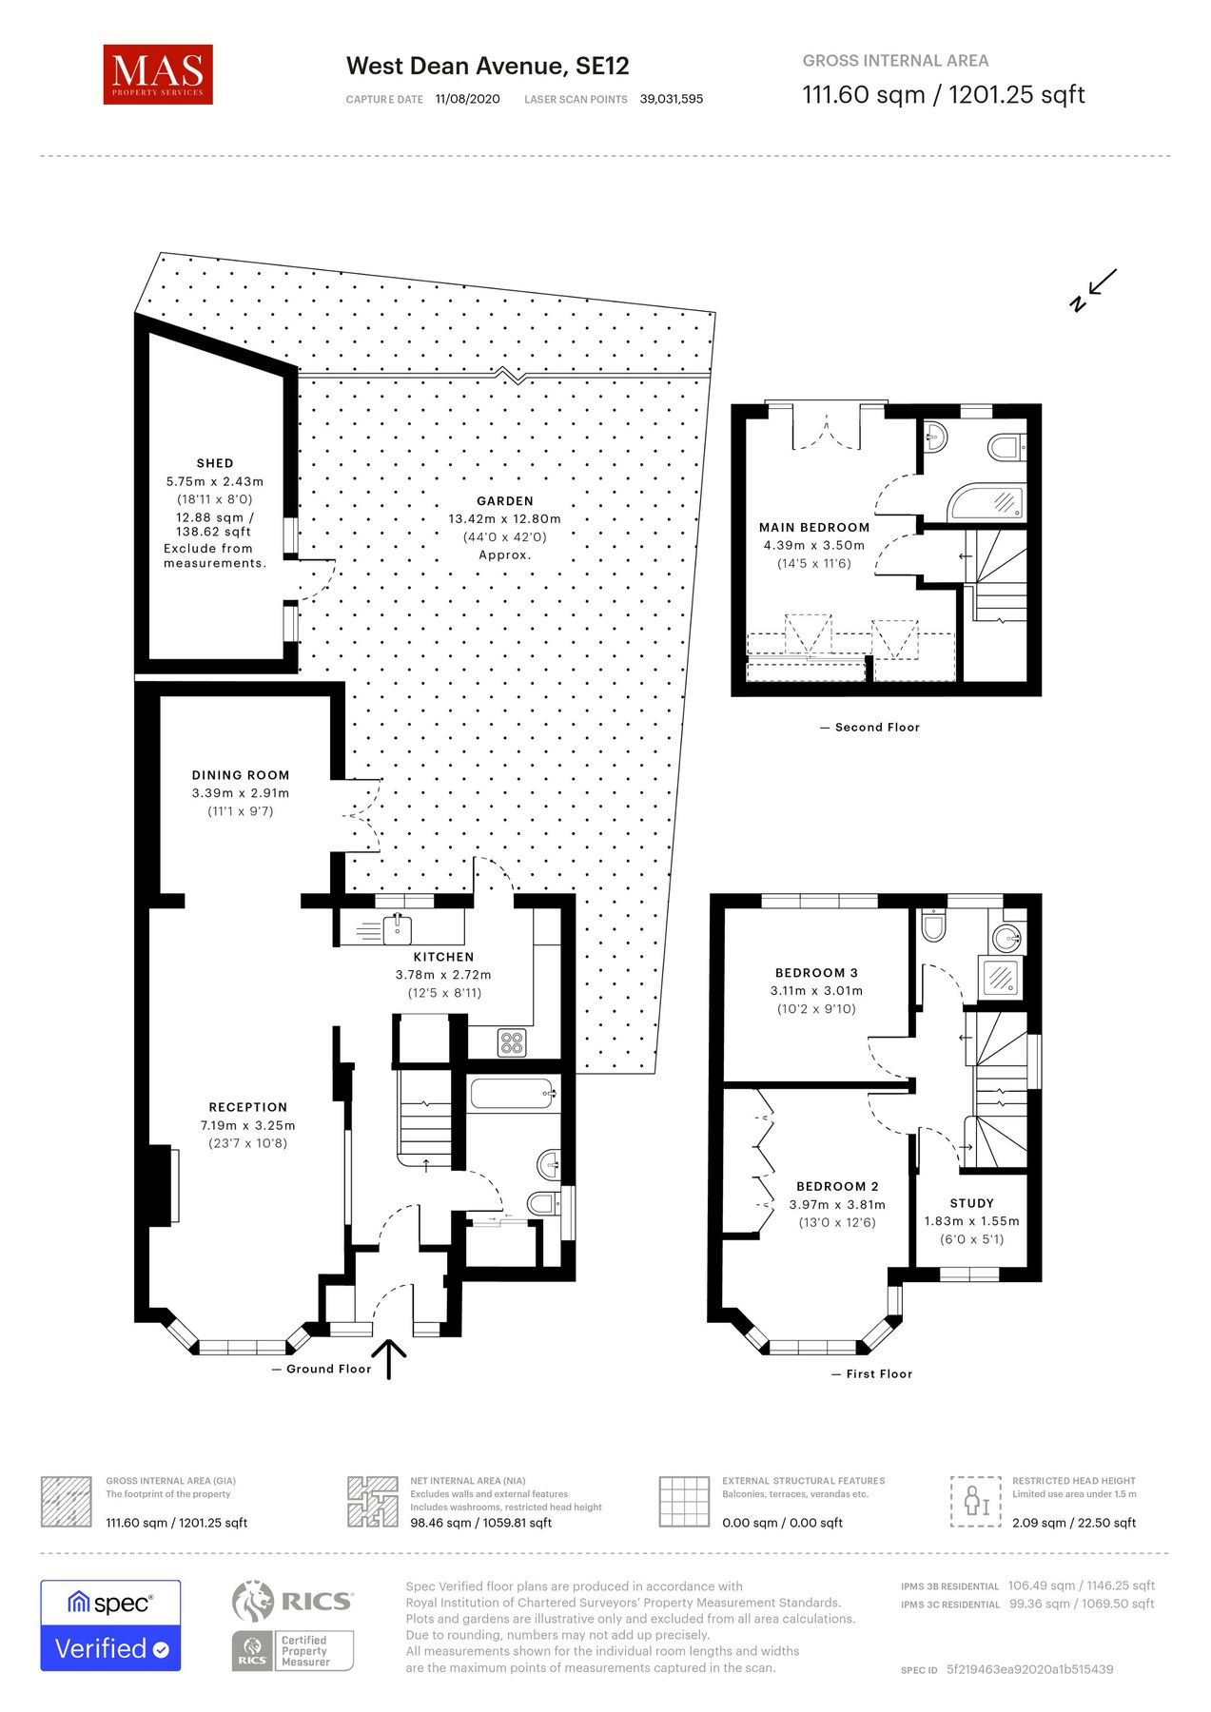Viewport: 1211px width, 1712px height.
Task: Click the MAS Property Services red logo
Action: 158,74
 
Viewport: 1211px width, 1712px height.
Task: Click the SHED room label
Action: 215,463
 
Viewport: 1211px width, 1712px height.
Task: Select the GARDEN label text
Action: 505,501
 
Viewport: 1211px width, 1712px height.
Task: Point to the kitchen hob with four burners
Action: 512,1042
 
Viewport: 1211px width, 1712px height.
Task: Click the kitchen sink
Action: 398,927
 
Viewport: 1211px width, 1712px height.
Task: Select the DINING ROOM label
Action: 241,775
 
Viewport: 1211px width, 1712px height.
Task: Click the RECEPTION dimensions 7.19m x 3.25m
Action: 248,1125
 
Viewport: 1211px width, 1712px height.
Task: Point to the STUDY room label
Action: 971,1203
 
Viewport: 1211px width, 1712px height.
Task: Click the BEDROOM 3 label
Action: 816,973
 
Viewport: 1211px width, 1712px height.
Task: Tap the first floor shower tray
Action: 1001,977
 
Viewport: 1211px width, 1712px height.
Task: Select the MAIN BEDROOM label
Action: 814,528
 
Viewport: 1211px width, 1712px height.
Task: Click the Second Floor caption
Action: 876,728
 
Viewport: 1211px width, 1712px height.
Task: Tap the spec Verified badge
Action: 110,1625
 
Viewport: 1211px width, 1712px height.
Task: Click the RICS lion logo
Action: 253,1603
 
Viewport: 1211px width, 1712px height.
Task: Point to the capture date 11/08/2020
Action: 467,99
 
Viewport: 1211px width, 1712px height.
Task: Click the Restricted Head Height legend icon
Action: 976,1502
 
